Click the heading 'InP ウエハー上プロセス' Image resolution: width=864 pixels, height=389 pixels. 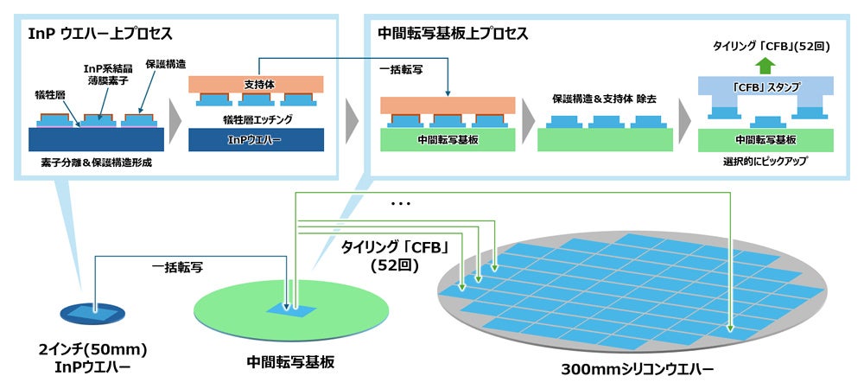(101, 35)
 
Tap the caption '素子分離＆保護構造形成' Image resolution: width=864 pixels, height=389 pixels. (96, 163)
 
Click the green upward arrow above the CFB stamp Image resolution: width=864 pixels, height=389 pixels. (763, 65)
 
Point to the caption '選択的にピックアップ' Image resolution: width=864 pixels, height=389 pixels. (763, 163)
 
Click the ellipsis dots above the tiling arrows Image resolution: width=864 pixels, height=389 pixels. (401, 205)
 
